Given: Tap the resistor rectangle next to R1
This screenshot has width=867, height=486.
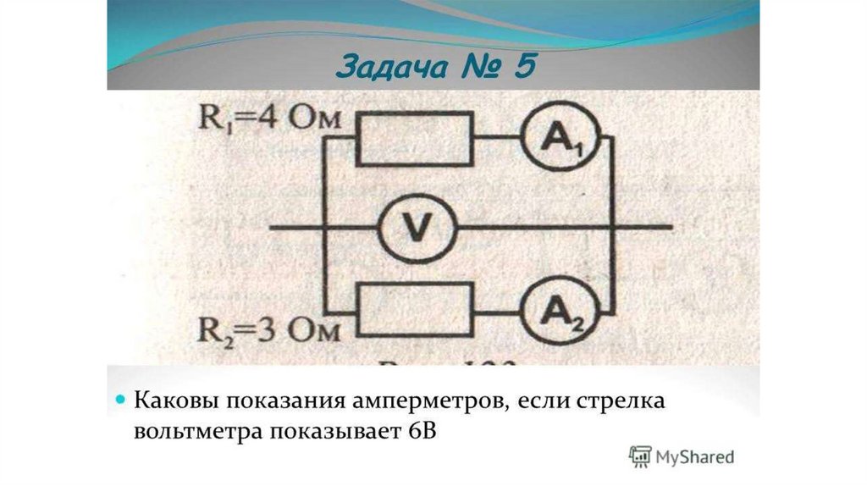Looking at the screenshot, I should pos(414,137).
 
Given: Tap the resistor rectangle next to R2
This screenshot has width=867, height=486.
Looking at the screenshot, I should pos(414,311).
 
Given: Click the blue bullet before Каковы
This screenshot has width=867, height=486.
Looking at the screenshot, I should pos(121,399).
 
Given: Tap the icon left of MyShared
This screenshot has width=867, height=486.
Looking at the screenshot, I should pos(642,456).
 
